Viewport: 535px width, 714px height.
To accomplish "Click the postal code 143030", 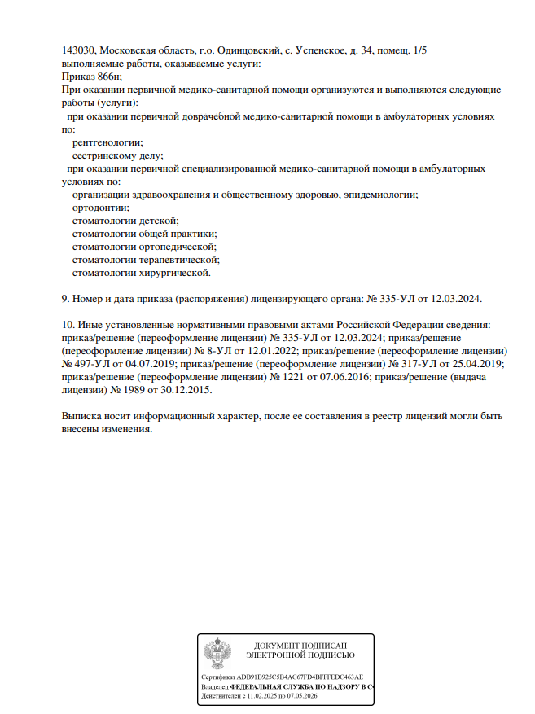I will tap(78, 50).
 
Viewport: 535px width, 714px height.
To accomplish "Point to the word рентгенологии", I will tap(107, 142).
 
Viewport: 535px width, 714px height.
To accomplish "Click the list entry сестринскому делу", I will tap(117, 156).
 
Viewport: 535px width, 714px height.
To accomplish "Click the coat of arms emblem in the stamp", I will tap(217, 655).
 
